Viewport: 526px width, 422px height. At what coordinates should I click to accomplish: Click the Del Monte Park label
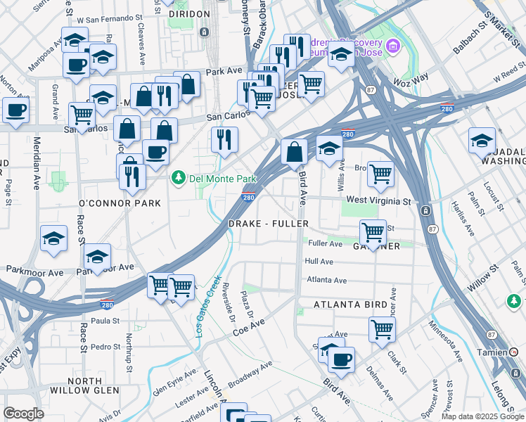tap(216, 178)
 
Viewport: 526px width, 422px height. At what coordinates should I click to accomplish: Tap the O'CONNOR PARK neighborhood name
tap(120, 203)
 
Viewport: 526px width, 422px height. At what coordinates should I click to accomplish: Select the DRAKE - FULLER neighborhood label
tap(269, 224)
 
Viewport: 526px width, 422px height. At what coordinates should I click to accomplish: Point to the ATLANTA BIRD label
tap(350, 305)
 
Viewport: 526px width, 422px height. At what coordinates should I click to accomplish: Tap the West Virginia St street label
tap(378, 201)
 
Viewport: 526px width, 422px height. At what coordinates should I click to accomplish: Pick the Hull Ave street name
tap(319, 261)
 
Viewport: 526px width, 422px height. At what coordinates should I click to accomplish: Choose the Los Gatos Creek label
tap(207, 306)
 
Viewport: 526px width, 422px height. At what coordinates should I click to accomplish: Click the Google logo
tap(23, 414)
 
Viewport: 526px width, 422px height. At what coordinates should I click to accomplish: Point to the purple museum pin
tap(393, 47)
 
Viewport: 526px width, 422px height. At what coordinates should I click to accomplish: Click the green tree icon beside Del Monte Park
tap(179, 178)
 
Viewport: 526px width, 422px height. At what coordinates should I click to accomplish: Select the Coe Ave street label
tap(250, 328)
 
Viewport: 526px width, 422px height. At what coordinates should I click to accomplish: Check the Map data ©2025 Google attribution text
tap(482, 416)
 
